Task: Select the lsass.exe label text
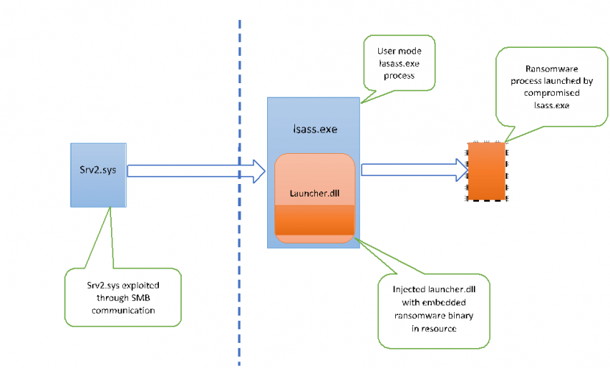point(315,128)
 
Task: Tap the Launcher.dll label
point(314,194)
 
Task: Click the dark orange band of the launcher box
point(315,222)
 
